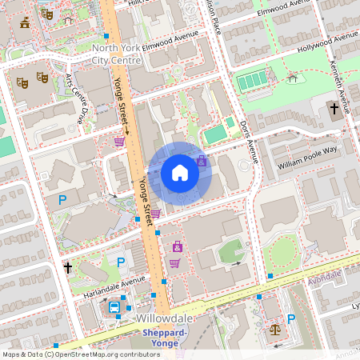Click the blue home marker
point(180,173)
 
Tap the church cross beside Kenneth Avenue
point(334,109)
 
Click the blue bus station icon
point(114,307)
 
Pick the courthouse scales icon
point(276,329)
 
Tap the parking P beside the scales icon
point(293,318)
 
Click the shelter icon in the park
point(293,78)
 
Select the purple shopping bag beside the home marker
point(202,160)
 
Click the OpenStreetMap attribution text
point(82,354)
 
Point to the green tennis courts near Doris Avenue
point(252,80)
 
